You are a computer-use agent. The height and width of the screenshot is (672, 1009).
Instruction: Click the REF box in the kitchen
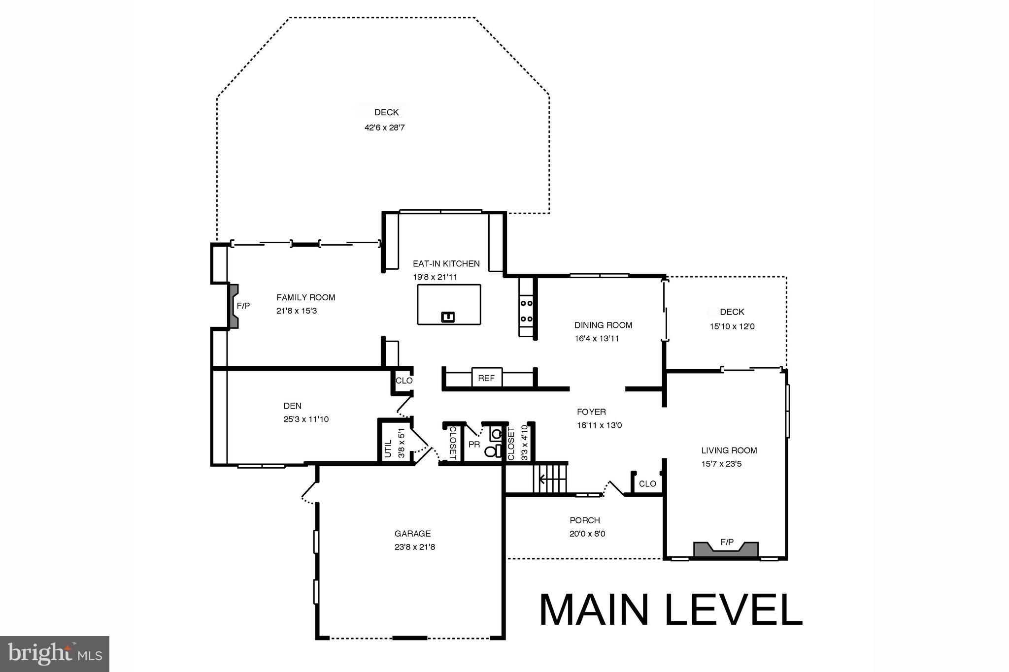point(486,378)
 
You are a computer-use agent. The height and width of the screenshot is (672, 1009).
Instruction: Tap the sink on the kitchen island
point(448,317)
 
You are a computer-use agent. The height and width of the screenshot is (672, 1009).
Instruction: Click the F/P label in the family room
point(243,306)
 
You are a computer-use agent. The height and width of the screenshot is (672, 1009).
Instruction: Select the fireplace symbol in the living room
point(726,549)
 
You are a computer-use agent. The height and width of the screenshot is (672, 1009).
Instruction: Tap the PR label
point(474,445)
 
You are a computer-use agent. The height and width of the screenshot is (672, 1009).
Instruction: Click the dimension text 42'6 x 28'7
point(384,128)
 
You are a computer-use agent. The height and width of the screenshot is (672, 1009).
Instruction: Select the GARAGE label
point(412,533)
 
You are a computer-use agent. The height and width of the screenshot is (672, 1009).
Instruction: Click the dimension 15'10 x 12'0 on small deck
point(732,326)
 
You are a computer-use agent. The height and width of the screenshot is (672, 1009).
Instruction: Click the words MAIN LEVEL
point(671,610)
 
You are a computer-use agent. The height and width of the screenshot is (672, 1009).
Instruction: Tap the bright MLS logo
point(55,654)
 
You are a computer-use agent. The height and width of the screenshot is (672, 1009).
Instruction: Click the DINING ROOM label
point(603,325)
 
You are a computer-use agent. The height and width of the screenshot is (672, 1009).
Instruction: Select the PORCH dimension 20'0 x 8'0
point(587,534)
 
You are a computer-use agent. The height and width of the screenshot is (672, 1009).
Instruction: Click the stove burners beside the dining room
point(526,311)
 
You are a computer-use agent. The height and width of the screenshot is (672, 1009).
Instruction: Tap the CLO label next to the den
point(404,381)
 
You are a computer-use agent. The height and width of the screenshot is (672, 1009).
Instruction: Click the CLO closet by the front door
point(647,483)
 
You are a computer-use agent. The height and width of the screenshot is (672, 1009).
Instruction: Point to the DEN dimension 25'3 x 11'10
point(306,419)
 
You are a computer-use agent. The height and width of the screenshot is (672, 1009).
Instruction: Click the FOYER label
point(591,412)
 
